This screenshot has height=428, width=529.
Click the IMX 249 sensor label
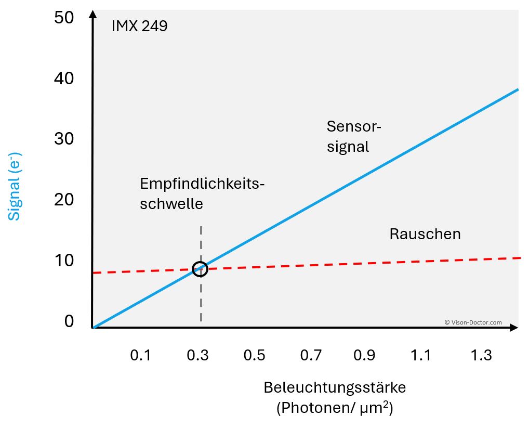pos(139,26)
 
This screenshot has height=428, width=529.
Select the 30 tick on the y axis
pos(64,139)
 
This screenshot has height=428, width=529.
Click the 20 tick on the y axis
pos(64,200)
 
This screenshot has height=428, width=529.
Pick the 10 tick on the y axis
pos(64,260)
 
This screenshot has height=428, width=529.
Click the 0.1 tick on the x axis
pos(140,356)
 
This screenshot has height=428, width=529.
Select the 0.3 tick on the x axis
pos(197,356)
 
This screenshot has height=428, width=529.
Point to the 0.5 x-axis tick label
pos(254,356)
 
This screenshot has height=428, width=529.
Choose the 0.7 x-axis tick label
pos(311,356)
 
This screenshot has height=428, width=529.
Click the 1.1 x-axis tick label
pos(420,356)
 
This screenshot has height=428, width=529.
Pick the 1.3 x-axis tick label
pos(481,356)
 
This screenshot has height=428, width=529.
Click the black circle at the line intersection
pos(200,269)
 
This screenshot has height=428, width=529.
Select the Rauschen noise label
pos(425,234)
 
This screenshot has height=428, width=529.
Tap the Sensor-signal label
pos(354,136)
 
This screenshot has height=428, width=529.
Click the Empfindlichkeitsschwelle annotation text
pos(202,193)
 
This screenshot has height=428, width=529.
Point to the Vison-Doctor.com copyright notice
pos(473,322)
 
